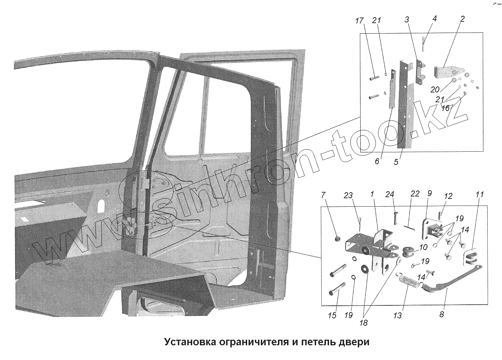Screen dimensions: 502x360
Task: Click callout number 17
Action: (359, 21)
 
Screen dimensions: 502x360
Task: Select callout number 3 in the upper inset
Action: (407, 20)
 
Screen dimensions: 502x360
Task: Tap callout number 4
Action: (434, 19)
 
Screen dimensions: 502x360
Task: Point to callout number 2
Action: (462, 19)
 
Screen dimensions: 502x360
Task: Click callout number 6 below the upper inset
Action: (377, 161)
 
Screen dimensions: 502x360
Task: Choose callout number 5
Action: (396, 162)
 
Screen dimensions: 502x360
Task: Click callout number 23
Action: (348, 196)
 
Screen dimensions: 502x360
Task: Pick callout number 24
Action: (390, 194)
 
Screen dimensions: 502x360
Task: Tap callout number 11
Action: (479, 194)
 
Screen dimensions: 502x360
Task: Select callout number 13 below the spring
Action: (397, 316)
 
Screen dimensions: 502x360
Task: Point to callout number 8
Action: (441, 314)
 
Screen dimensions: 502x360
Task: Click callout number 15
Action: (332, 316)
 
